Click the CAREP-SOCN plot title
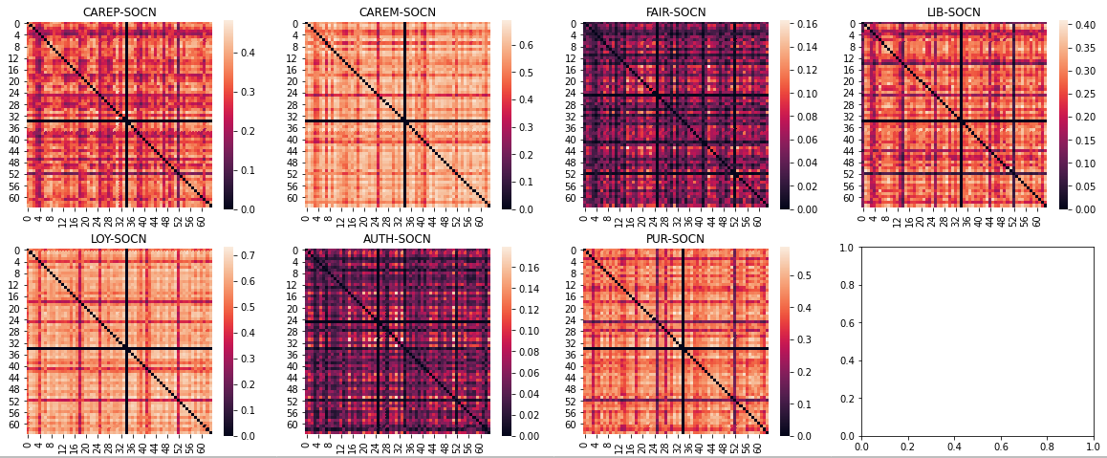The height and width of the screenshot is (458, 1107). coord(119,12)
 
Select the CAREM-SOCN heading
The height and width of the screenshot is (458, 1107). coord(398,12)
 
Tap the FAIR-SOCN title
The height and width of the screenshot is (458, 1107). coord(677,12)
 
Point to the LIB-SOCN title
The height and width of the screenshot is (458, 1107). coord(954,12)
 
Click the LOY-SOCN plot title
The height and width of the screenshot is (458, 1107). coord(119,239)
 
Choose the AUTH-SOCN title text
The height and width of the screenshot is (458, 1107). coord(398,239)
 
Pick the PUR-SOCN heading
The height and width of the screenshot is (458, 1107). coord(677,239)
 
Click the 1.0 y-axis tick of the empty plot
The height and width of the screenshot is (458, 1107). coord(847,248)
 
